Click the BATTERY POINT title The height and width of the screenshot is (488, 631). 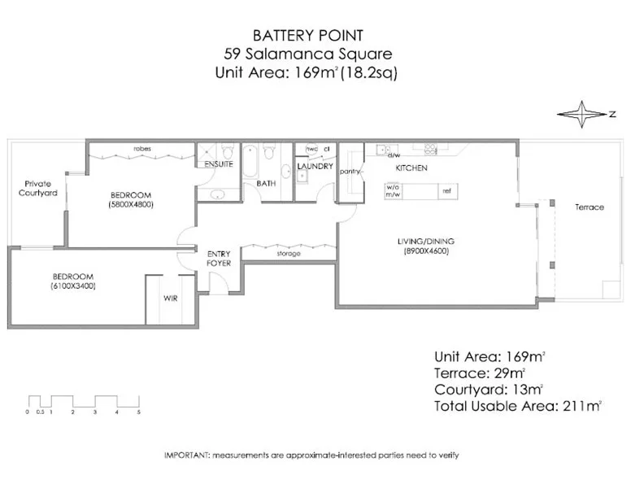pyautogui.click(x=307, y=35)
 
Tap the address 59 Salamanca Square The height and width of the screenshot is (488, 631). pyautogui.click(x=307, y=54)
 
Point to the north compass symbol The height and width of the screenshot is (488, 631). pyautogui.click(x=583, y=115)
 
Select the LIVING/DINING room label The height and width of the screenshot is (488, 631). pyautogui.click(x=425, y=242)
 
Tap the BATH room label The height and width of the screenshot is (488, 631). pyautogui.click(x=266, y=184)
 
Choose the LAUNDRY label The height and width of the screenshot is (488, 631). pyautogui.click(x=315, y=167)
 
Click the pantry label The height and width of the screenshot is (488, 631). pyautogui.click(x=350, y=172)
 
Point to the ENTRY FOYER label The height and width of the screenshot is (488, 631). pyautogui.click(x=220, y=259)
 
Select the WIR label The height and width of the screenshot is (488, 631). pyautogui.click(x=170, y=298)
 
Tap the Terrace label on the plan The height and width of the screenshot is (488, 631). pyautogui.click(x=589, y=207)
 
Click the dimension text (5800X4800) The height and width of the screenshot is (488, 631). pyautogui.click(x=130, y=205)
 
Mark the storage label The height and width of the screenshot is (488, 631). pyautogui.click(x=289, y=254)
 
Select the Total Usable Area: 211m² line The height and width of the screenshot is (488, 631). pyautogui.click(x=517, y=406)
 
